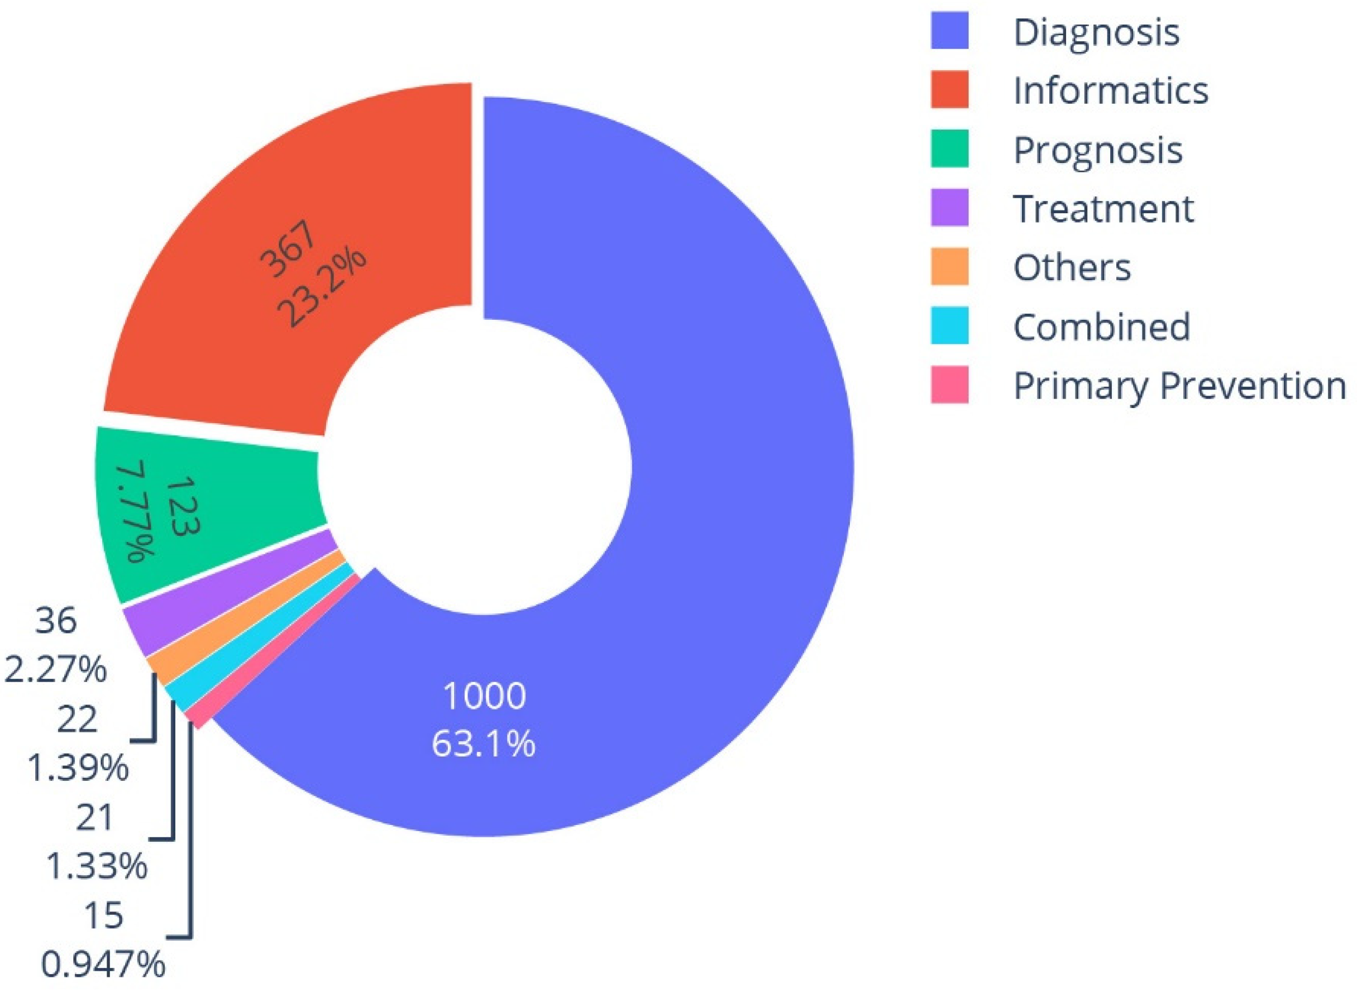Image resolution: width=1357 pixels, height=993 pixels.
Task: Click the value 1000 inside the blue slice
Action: click(484, 696)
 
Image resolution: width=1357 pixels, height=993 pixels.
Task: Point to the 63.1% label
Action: click(484, 744)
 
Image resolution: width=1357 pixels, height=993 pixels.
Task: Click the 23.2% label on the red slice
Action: click(322, 290)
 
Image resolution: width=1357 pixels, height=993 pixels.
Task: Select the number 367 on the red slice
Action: click(288, 250)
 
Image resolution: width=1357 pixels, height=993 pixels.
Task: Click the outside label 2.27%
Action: click(55, 670)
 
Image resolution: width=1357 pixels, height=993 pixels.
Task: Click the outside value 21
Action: click(94, 818)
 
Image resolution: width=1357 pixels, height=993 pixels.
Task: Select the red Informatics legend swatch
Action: click(949, 89)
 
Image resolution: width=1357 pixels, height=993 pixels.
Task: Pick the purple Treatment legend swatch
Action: click(949, 208)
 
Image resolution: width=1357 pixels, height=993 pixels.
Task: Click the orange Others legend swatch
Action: click(949, 266)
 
